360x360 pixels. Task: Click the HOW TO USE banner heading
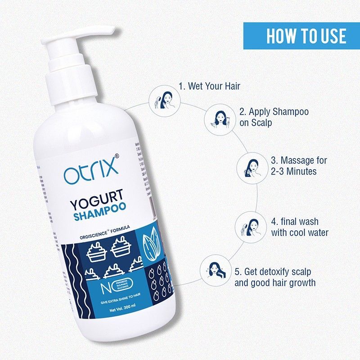pos(301,36)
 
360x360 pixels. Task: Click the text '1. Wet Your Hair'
pos(209,86)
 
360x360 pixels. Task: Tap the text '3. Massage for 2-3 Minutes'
pos(299,166)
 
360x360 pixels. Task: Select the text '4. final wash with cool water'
pos(300,227)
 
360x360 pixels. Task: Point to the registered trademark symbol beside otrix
pos(117,156)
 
